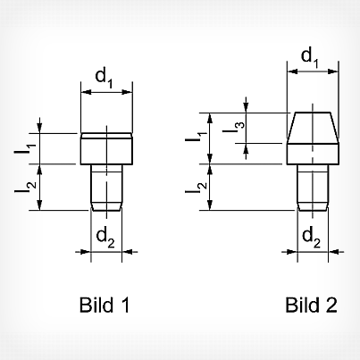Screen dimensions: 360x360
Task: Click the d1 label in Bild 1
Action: (x=104, y=79)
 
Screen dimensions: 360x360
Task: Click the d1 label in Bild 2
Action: (x=310, y=57)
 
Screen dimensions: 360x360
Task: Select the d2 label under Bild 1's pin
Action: (x=105, y=238)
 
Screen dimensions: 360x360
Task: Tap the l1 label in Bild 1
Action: (x=25, y=149)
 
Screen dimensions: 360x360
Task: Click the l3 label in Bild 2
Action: (x=233, y=127)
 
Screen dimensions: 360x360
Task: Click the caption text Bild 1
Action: (x=105, y=305)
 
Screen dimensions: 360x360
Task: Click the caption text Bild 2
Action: (x=311, y=305)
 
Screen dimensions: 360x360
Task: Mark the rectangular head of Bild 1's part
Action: (x=106, y=148)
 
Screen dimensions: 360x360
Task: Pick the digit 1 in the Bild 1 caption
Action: (x=125, y=305)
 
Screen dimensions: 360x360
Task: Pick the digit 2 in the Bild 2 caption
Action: (x=331, y=305)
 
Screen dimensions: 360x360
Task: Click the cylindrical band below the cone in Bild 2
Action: (x=313, y=154)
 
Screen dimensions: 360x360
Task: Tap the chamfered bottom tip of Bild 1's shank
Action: (x=106, y=207)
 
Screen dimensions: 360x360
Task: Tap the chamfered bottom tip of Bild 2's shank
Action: (x=313, y=207)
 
